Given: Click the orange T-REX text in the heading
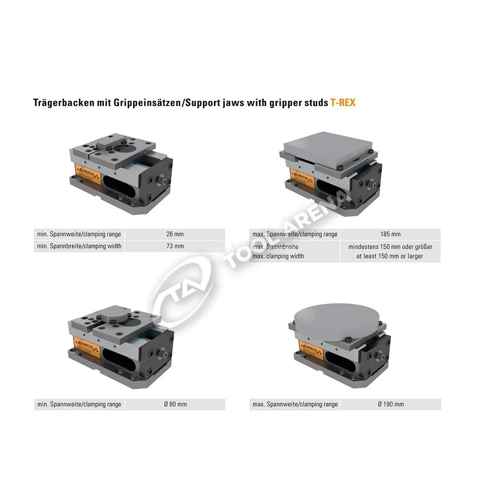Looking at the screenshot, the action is [x=343, y=102].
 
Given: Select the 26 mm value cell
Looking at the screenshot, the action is [x=175, y=234].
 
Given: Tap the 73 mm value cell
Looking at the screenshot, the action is [x=175, y=246].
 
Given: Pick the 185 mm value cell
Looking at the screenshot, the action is [x=390, y=234].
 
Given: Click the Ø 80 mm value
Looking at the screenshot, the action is [x=175, y=404].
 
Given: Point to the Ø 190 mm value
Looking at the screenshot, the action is [x=391, y=404].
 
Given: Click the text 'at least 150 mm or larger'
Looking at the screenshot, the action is [x=390, y=256].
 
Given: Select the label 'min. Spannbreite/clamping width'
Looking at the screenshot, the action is [x=79, y=246].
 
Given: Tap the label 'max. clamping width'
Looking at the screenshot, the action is [x=278, y=256].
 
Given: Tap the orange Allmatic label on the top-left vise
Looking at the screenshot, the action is [x=88, y=176].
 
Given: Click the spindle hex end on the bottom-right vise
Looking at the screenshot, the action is [x=380, y=355].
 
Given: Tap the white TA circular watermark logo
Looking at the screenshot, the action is [x=182, y=289].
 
